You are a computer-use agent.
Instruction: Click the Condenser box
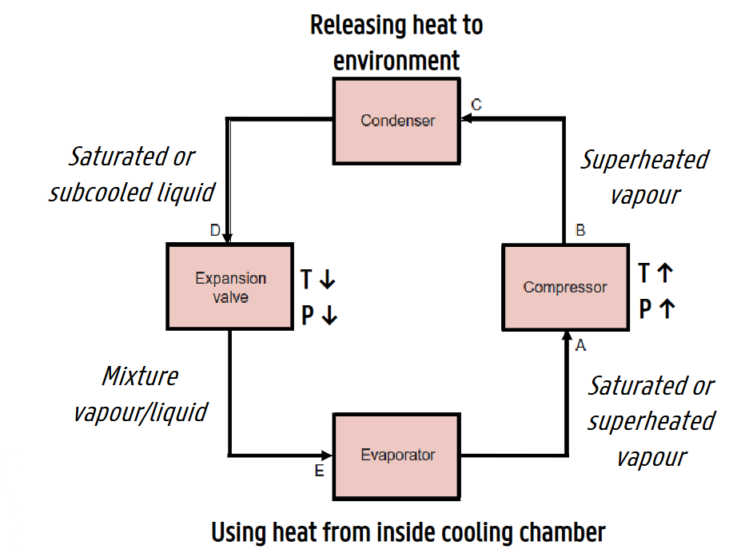pos(396,121)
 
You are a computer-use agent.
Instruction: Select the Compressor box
pos(565,288)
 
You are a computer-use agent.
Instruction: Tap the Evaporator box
pos(397,456)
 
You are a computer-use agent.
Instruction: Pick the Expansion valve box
pos(230,288)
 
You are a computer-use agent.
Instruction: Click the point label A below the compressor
pos(581,345)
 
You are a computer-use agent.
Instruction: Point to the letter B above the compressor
pos(580,231)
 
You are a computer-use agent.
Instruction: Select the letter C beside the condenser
pos(476,105)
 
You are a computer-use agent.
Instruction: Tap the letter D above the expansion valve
pos(215,231)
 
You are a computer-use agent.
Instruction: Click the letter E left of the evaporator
pos(319,471)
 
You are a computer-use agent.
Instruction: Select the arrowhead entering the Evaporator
pos(328,455)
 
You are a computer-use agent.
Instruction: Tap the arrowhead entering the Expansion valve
pos(228,237)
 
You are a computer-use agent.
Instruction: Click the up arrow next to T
pos(665,273)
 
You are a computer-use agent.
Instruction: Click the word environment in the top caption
pos(396,60)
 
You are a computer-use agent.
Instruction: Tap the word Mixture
pos(140,376)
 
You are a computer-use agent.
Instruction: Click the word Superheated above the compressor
pos(644,160)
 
